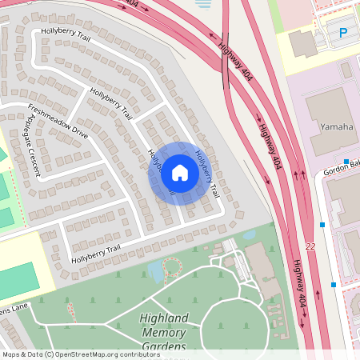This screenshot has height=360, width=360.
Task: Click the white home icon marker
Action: tap(179, 173)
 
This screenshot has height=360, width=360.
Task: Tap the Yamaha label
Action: tap(336, 126)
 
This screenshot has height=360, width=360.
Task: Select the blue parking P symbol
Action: tap(343, 33)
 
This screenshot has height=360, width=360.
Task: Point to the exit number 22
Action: tap(310, 247)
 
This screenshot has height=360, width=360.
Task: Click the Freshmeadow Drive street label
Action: tap(58, 121)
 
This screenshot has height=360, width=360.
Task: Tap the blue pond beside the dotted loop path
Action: tap(156, 272)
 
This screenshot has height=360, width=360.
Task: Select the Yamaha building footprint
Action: tap(330, 120)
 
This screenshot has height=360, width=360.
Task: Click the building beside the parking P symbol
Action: tap(303, 43)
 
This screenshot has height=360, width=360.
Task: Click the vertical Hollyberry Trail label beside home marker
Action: tap(207, 174)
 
